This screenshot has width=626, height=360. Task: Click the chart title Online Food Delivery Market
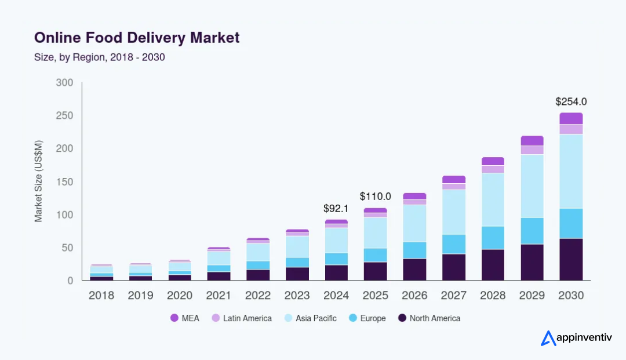[x=137, y=38]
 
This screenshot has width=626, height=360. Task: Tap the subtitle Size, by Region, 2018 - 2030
[x=100, y=57]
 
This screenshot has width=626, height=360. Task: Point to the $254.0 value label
[x=571, y=101]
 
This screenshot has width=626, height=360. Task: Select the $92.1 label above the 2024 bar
[x=336, y=208]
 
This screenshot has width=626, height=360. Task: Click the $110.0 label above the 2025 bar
[x=376, y=197]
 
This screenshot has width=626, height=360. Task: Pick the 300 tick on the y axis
[x=64, y=83]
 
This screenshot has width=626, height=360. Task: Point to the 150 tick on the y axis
[x=64, y=182]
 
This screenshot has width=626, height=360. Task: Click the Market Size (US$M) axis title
[x=39, y=181]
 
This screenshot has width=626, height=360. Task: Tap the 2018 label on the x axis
[x=101, y=296]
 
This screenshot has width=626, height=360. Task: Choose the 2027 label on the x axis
[x=453, y=296]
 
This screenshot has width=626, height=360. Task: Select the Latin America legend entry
[x=241, y=318]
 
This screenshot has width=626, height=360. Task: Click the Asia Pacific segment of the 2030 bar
[x=571, y=171]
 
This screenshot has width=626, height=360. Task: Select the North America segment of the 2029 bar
[x=532, y=262]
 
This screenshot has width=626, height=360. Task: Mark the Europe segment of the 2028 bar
[x=493, y=238]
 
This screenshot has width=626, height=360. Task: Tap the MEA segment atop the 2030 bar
[x=571, y=118]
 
